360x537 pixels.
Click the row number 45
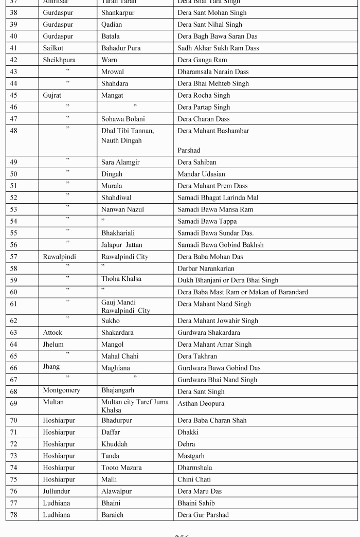pyautogui.click(x=13, y=95)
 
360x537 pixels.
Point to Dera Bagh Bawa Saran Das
pyautogui.click(x=217, y=36)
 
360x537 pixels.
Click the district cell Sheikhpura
pyautogui.click(x=59, y=60)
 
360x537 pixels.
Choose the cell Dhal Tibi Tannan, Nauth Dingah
pyautogui.click(x=128, y=135)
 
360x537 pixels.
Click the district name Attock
pyautogui.click(x=53, y=332)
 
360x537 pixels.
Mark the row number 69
pyautogui.click(x=13, y=403)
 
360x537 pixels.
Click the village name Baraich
pyautogui.click(x=112, y=515)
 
